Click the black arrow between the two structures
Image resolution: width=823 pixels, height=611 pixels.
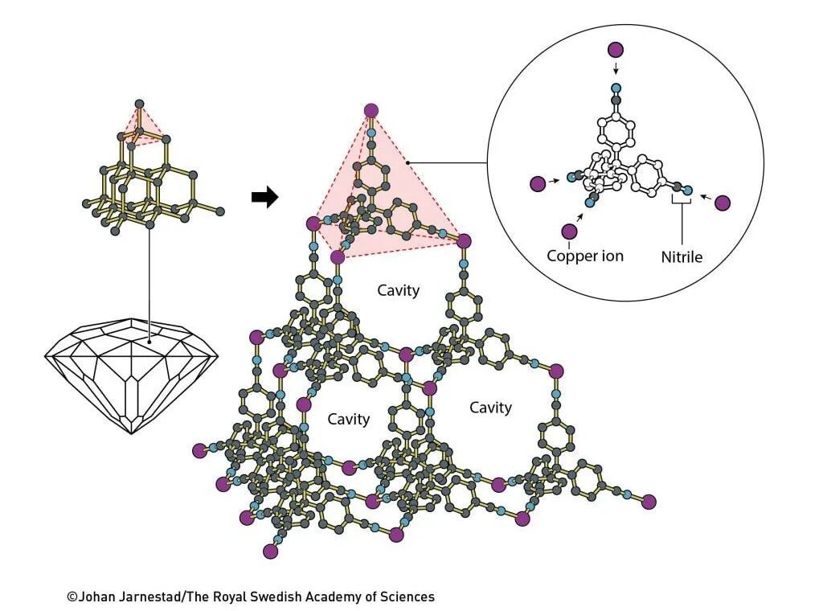click(x=264, y=197)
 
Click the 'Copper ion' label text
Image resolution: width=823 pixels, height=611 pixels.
click(x=585, y=256)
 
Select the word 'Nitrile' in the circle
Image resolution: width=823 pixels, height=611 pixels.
click(x=682, y=257)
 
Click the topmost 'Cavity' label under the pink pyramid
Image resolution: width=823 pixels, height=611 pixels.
click(x=399, y=290)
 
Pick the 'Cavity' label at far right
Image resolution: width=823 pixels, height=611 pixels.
click(x=490, y=408)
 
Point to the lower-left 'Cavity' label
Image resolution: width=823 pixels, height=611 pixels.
click(x=349, y=419)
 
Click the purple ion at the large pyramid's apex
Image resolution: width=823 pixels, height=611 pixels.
click(x=371, y=111)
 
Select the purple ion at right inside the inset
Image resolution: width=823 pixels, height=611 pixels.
click(x=723, y=203)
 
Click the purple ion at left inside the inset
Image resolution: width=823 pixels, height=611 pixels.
click(x=538, y=184)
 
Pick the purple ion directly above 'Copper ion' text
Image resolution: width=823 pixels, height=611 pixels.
click(x=570, y=232)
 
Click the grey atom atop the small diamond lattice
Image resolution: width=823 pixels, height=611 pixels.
click(x=139, y=104)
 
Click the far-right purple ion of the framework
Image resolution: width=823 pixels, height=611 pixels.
click(x=649, y=502)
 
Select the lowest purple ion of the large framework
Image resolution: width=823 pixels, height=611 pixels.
click(x=270, y=552)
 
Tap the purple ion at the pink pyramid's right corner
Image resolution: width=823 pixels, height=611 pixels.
click(x=464, y=240)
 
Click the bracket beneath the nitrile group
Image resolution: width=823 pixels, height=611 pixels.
click(x=682, y=207)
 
